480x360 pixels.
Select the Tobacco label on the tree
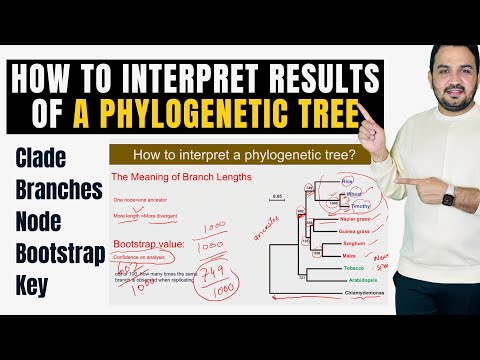coord(353,268)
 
